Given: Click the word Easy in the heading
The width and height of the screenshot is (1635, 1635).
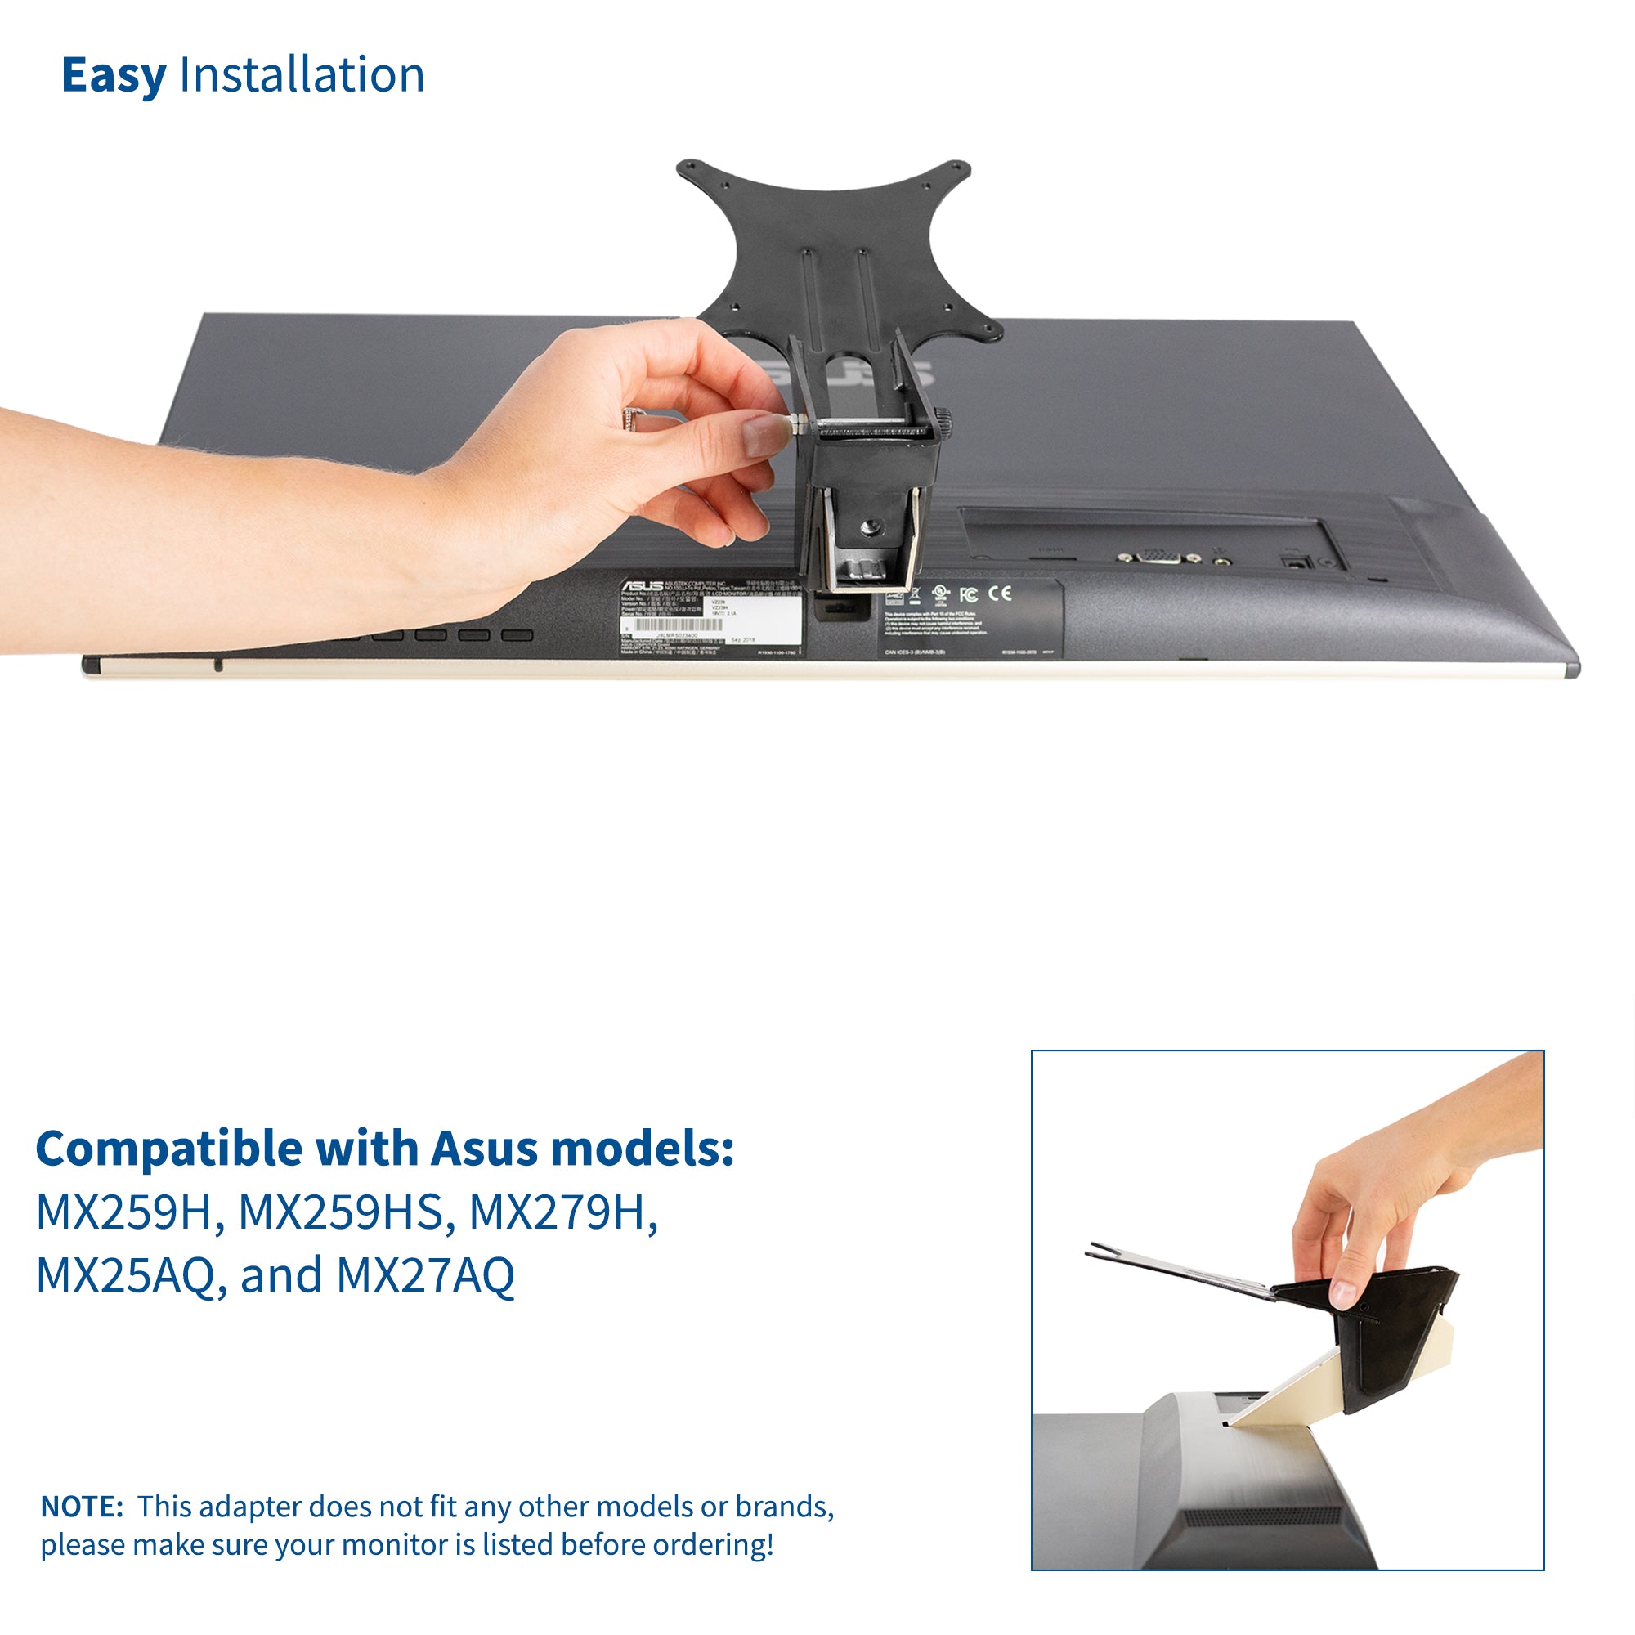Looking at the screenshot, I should [x=114, y=77].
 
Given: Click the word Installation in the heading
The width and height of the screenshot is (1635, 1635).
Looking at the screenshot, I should [x=302, y=75].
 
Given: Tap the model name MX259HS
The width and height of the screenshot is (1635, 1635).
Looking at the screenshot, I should [x=340, y=1212].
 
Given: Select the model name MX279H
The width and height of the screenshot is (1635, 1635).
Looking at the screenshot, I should [x=562, y=1212].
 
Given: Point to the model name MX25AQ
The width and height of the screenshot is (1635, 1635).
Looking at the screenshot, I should [x=125, y=1275].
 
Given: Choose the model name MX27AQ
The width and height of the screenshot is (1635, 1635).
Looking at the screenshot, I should [x=425, y=1275].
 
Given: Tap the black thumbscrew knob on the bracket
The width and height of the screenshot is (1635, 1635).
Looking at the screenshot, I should [x=942, y=419].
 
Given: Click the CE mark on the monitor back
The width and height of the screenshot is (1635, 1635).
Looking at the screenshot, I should [x=1000, y=593].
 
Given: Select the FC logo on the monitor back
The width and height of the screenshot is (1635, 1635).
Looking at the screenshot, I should [x=968, y=594].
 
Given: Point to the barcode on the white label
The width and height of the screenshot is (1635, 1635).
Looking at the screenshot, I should [x=673, y=625].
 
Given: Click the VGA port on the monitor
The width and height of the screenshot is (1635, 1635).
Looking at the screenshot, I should [x=1156, y=557].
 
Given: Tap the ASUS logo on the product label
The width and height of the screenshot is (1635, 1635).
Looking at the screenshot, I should [x=643, y=585].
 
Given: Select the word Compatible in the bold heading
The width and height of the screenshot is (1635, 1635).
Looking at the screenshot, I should [x=168, y=1150].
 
